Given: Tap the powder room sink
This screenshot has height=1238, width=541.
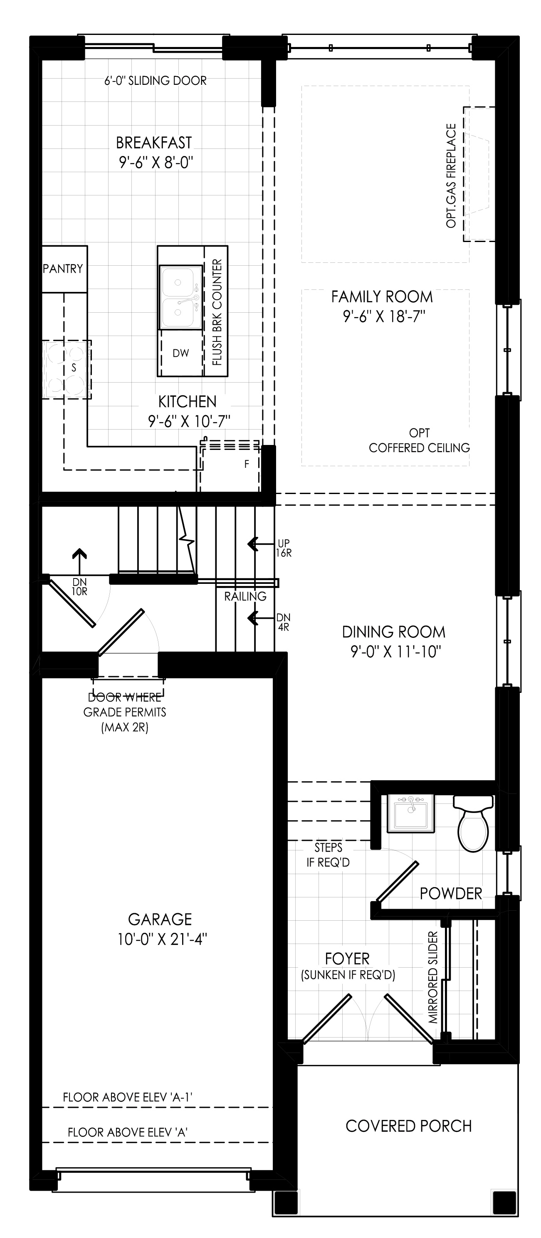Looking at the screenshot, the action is pyautogui.click(x=411, y=813).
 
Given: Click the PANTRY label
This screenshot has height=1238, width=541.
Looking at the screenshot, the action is pyautogui.click(x=63, y=269).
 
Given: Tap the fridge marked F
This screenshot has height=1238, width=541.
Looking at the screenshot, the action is pyautogui.click(x=230, y=465).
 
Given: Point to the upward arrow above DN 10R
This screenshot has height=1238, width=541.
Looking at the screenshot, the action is pyautogui.click(x=79, y=561).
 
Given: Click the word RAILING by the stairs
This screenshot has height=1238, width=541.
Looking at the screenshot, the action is pyautogui.click(x=245, y=596).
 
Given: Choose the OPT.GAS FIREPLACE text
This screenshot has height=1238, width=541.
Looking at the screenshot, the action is pyautogui.click(x=451, y=176).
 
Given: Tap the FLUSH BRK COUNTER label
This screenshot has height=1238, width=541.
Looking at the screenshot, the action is pyautogui.click(x=217, y=312).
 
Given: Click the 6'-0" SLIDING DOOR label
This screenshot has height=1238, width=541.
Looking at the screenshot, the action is pyautogui.click(x=156, y=81).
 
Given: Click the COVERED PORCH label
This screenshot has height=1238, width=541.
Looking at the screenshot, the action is pyautogui.click(x=408, y=1136).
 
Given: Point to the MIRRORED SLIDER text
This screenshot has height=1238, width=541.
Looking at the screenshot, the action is pyautogui.click(x=433, y=977).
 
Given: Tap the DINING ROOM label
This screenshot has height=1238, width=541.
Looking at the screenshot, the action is pyautogui.click(x=393, y=632).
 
